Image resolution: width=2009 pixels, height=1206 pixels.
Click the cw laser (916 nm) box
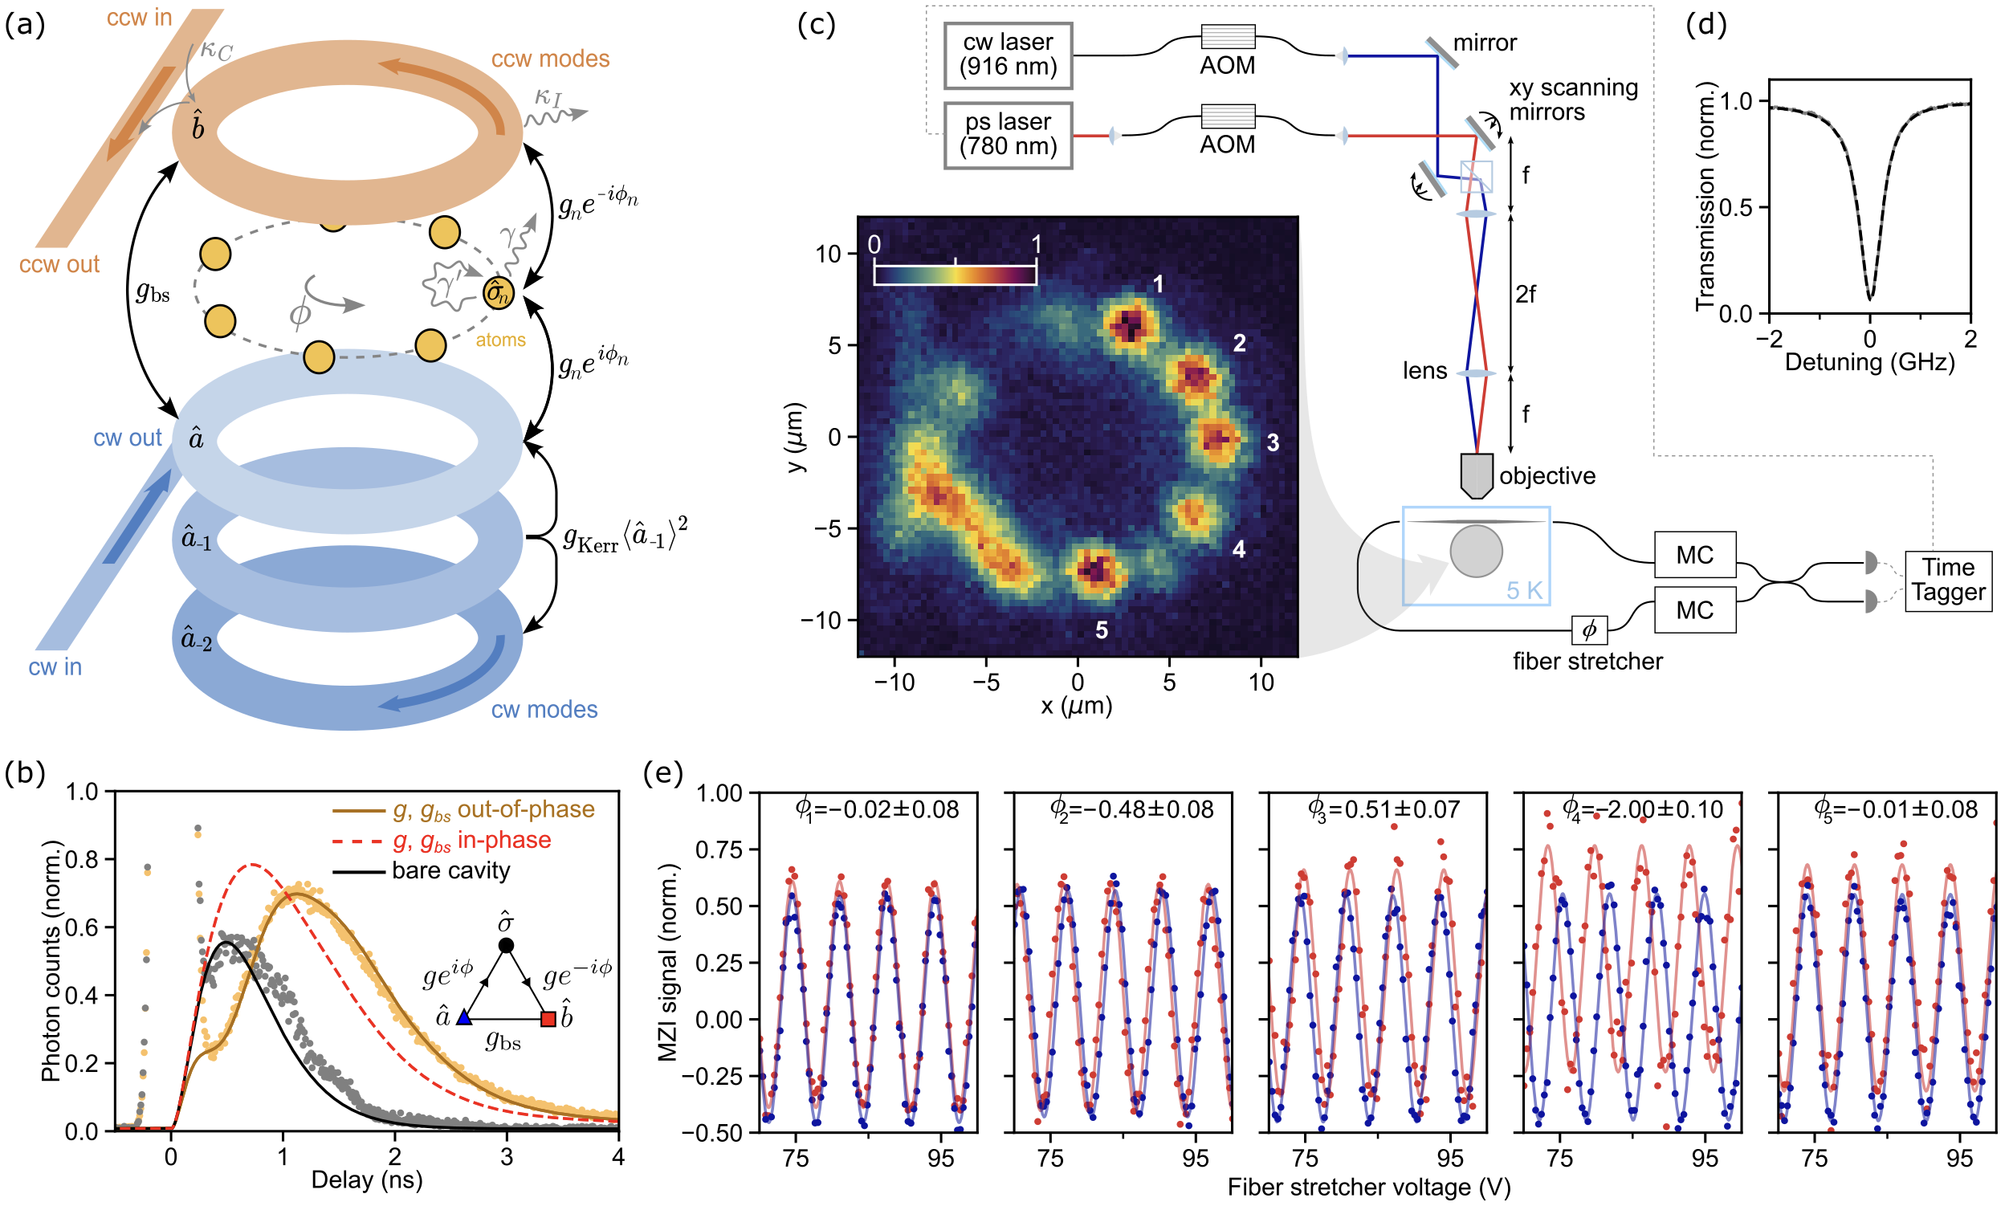pos(1007,55)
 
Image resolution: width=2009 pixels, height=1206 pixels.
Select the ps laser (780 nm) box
pos(1007,135)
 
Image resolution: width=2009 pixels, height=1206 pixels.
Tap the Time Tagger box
pos(1947,580)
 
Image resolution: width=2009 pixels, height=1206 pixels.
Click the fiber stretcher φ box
pos(1588,629)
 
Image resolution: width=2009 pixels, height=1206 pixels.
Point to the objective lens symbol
pos(1476,475)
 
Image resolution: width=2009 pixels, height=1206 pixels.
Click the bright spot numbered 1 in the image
pos(1130,325)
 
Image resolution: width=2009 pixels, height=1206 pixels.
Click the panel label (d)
pos(1705,24)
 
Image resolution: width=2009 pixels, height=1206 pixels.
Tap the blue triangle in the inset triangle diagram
pos(464,1017)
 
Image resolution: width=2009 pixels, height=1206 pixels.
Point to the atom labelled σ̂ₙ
pos(497,292)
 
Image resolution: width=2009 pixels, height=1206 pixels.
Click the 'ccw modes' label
pos(550,59)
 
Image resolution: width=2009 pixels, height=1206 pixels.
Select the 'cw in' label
pos(55,667)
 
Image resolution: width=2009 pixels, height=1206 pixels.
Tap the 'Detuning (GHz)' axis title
pos(1868,361)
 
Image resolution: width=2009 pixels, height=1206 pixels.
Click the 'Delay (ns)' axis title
pos(366,1180)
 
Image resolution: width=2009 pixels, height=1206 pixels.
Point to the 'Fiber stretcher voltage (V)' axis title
pos(1367,1188)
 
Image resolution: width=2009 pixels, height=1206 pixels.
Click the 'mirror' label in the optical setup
pos(1484,43)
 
